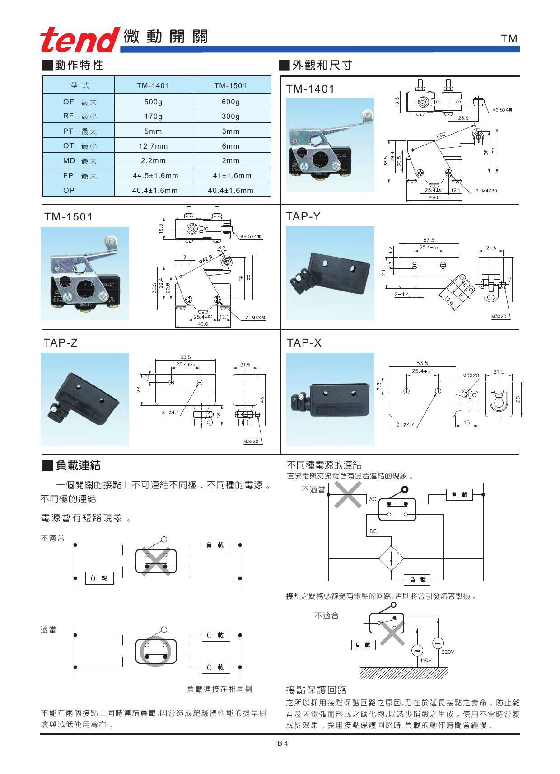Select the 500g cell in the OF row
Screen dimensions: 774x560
click(x=153, y=102)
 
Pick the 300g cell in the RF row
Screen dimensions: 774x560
click(x=231, y=116)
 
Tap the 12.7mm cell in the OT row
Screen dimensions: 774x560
click(x=153, y=146)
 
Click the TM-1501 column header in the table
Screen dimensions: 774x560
click(x=231, y=85)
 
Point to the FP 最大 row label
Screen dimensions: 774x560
click(x=79, y=175)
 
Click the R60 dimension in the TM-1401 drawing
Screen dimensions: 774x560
click(x=441, y=135)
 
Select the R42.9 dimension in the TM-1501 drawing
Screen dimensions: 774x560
click(x=205, y=259)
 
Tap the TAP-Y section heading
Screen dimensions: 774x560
click(x=303, y=216)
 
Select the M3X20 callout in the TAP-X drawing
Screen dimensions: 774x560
click(x=470, y=375)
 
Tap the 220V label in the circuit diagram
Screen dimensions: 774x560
click(x=448, y=652)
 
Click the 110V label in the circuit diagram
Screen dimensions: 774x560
click(x=426, y=660)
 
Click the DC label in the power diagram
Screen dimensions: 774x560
click(x=373, y=531)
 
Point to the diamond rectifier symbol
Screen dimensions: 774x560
click(x=391, y=558)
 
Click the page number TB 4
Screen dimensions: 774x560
click(x=280, y=743)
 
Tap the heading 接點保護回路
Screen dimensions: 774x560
click(x=316, y=690)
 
